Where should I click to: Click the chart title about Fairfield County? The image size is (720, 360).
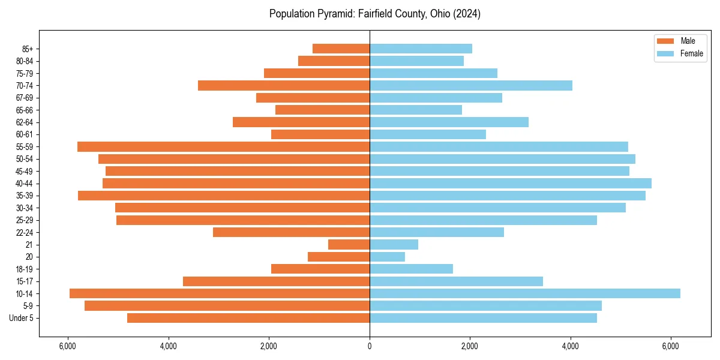tap(374, 14)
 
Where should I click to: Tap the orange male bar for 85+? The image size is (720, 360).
tap(341, 49)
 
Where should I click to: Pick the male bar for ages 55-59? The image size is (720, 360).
tap(223, 146)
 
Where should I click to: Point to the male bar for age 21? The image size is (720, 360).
tap(349, 244)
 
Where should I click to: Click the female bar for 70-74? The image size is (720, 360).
tap(471, 85)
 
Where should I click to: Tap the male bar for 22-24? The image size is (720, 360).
tap(291, 232)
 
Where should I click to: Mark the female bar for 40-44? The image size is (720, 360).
tap(511, 183)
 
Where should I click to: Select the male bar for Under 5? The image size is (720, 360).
tap(248, 318)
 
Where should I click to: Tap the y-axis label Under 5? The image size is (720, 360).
tap(21, 318)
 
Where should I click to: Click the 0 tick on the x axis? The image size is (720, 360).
tap(370, 346)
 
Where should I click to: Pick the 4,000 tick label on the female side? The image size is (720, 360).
tap(570, 346)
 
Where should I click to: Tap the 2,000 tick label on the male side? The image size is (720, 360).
tap(269, 346)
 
